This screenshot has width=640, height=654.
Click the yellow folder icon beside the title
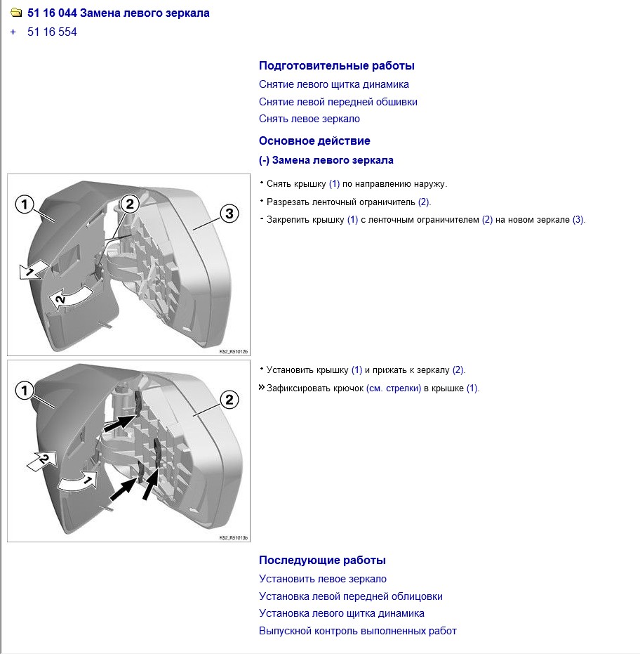point(16,13)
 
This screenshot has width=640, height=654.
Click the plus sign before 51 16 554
point(13,32)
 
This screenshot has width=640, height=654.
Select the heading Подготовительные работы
point(336,66)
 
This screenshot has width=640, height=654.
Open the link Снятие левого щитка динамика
point(333,84)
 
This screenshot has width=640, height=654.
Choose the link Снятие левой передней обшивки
point(338,102)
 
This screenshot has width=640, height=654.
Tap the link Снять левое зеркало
point(309,119)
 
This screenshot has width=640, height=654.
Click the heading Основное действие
point(314,140)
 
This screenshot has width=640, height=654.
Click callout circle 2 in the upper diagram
point(129,204)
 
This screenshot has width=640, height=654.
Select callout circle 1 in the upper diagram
point(25,205)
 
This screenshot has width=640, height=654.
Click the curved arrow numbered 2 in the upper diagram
point(69,298)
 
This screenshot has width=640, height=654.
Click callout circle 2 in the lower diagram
point(229,400)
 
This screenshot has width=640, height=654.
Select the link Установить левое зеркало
point(322,579)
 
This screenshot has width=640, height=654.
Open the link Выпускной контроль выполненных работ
point(357,631)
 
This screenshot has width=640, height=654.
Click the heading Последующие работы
point(322,561)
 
